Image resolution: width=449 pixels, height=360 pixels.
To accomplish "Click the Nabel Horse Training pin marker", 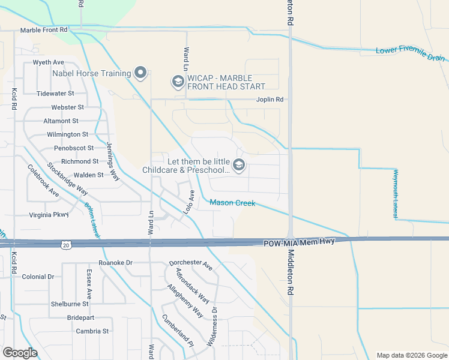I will coord(141,73).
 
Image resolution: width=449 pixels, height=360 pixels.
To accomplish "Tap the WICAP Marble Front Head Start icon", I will coord(178,80).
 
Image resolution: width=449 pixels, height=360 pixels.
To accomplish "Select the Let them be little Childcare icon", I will coord(239,165).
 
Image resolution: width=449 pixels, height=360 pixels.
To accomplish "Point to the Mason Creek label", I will coord(232,203).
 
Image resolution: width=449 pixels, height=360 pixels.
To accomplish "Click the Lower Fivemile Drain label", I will coord(411,54).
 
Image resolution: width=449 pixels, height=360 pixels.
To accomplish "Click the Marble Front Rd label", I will coord(44,29).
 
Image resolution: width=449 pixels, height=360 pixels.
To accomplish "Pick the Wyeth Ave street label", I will coord(49,62).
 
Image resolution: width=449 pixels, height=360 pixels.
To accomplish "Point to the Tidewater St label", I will coord(55,94).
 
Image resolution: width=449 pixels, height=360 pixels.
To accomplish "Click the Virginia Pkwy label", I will coord(49,214).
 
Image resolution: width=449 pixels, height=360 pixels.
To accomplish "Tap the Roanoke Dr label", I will coord(115,263).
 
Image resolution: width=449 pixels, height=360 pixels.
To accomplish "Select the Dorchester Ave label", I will coord(191,263).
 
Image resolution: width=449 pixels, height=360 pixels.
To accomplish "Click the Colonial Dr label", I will coord(38,277).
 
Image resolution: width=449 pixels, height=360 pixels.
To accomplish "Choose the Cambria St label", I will coord(92,331).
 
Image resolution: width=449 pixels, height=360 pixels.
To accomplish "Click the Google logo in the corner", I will coord(20,353).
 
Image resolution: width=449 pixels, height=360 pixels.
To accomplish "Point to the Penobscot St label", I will coord(74,148).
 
